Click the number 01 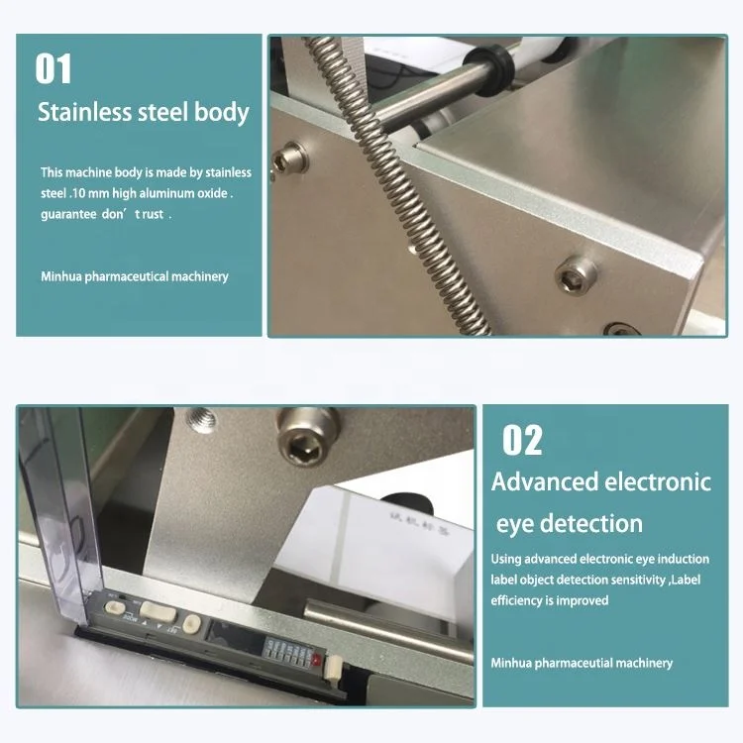[53, 68]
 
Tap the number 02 [522, 440]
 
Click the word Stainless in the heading [84, 112]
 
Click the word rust [153, 214]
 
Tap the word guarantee [68, 215]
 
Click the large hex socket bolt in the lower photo [307, 437]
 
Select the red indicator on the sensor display [317, 659]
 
